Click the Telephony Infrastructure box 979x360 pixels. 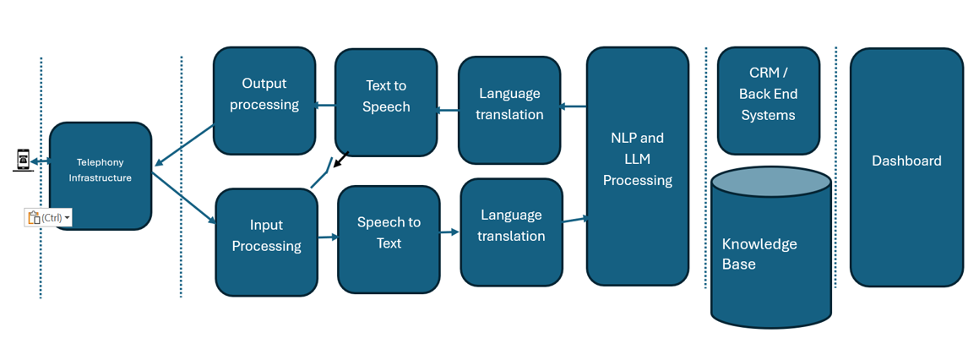[101, 176]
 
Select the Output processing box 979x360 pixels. [264, 101]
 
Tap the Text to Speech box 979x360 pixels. [386, 102]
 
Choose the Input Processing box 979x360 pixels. [266, 242]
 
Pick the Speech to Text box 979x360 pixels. [389, 239]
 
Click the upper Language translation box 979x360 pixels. [509, 110]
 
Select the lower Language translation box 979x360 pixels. [511, 232]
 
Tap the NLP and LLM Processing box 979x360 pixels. [637, 166]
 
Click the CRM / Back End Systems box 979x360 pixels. [768, 100]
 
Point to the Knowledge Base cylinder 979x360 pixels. [770, 254]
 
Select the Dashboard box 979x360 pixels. [906, 166]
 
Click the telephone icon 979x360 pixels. [23, 159]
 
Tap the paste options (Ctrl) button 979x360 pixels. [48, 218]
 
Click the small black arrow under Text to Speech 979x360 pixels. [341, 160]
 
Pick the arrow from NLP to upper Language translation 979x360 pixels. [574, 106]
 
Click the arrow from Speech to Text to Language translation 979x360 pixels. [450, 232]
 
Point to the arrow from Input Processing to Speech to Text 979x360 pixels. [328, 237]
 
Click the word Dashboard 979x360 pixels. [906, 161]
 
